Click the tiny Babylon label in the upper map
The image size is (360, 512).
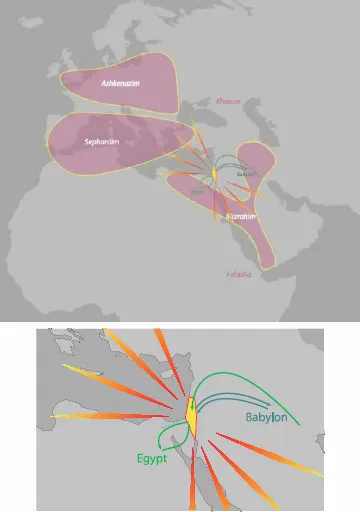[245, 173]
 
